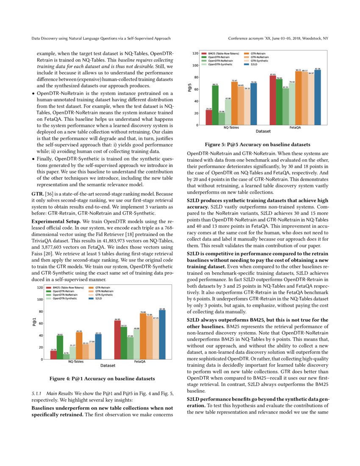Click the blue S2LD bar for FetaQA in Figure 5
(x=318, y=97)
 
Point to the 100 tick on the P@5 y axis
(x=196, y=65)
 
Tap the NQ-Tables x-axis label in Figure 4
(x=76, y=362)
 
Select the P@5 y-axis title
(x=190, y=89)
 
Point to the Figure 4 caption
(x=102, y=378)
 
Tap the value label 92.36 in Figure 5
(x=318, y=68)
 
